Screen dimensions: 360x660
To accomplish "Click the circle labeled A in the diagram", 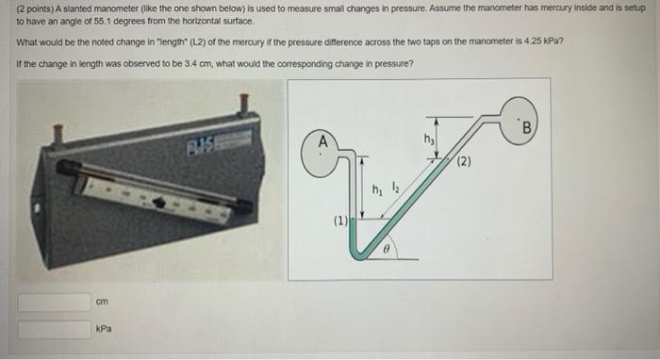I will pyautogui.click(x=322, y=150).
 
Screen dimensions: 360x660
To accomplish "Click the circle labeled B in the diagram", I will pyautogui.click(x=524, y=127).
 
